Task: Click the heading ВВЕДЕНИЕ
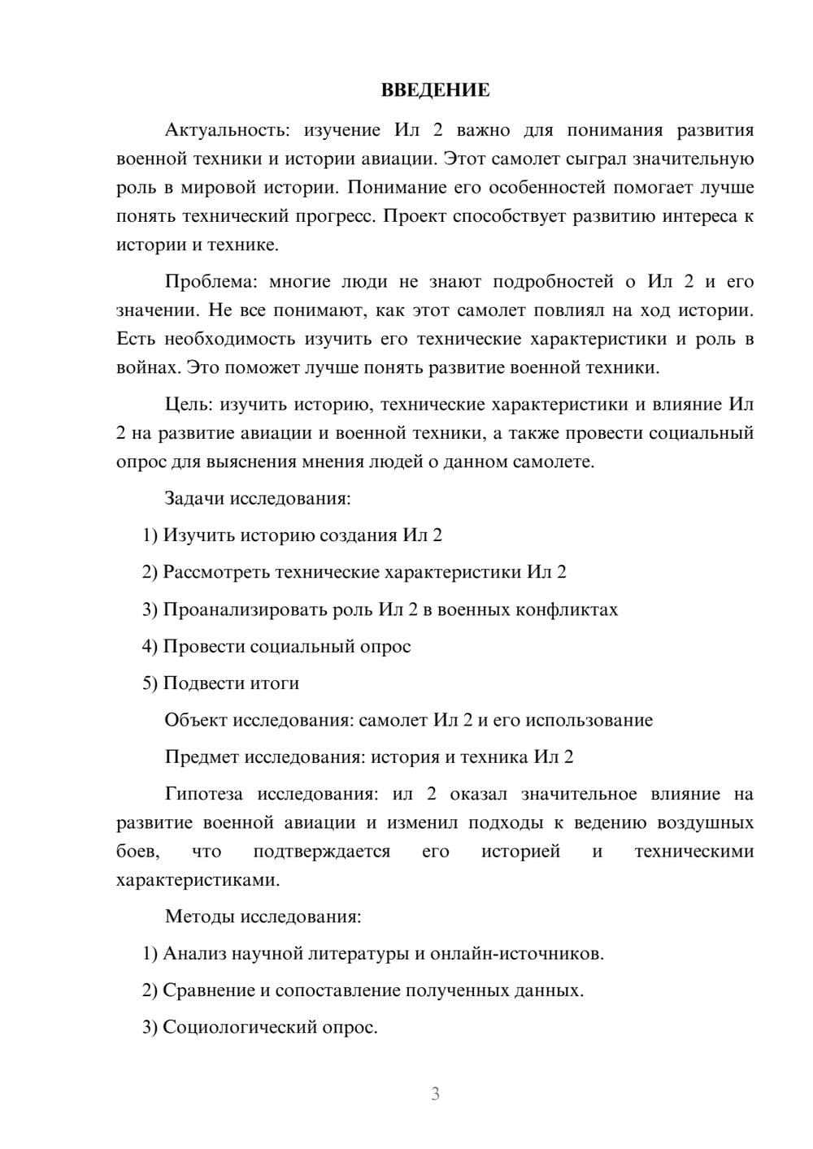pos(435,90)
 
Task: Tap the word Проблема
pos(211,282)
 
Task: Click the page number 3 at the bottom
pos(435,1094)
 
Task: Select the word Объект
pos(196,720)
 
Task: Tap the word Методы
pos(200,917)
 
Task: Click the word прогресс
pos(338,217)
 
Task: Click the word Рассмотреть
pos(216,573)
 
